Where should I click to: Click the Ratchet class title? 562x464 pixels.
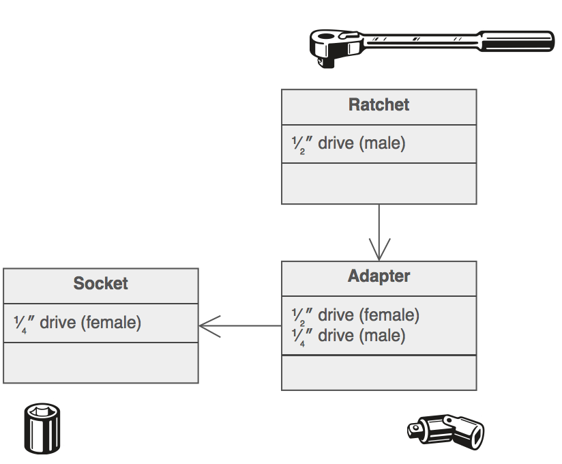coord(379,105)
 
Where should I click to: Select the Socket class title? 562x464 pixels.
coord(100,284)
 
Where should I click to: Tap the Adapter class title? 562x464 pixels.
coord(379,276)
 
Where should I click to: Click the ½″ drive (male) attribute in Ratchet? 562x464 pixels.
coord(349,144)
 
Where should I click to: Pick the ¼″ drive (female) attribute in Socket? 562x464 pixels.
coord(77,322)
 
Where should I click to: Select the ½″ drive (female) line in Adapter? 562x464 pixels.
coord(355,315)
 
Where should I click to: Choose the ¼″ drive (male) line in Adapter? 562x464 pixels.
coord(348,336)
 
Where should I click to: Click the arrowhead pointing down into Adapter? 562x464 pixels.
coord(379,249)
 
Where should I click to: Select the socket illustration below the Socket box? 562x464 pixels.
coord(45,426)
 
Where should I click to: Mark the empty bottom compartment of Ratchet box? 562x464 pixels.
coord(379,184)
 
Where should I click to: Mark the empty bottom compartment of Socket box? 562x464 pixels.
coord(100,364)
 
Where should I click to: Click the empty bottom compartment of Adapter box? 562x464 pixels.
coord(379,373)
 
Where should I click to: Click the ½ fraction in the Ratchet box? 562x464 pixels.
coord(297,145)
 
